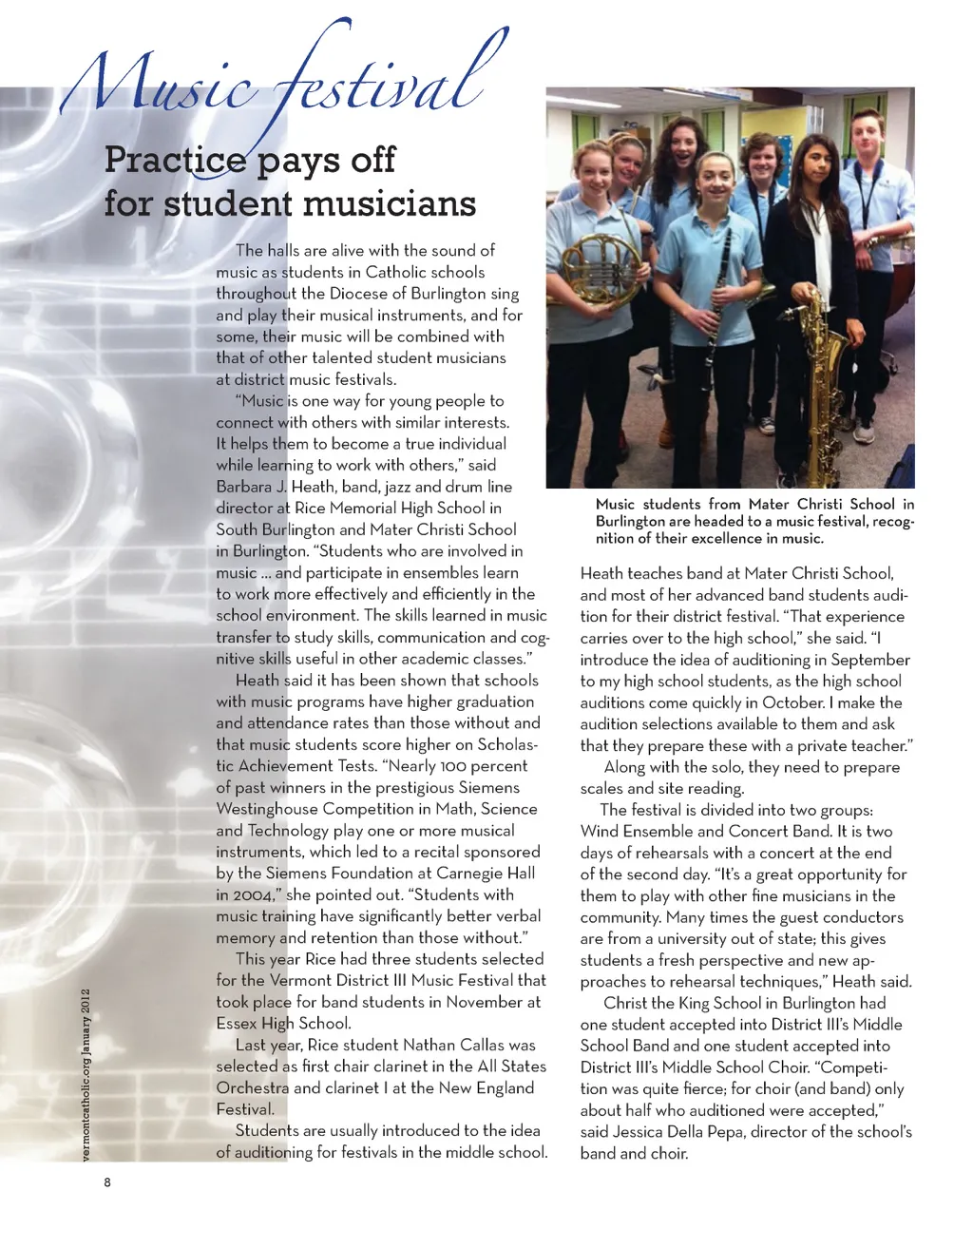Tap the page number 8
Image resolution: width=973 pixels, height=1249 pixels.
click(x=107, y=1182)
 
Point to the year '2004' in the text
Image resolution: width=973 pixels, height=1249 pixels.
click(x=252, y=894)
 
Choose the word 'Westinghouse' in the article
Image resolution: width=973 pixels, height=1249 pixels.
click(x=266, y=809)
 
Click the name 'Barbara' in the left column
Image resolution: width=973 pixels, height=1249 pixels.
click(x=244, y=487)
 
